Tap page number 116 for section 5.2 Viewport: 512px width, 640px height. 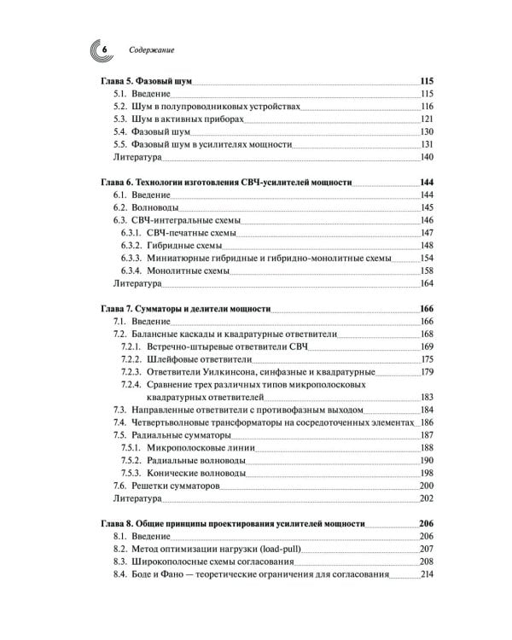(428, 107)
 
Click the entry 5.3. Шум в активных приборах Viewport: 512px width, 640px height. (178, 119)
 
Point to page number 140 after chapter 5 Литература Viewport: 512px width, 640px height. (428, 158)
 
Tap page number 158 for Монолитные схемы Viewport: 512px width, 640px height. (428, 271)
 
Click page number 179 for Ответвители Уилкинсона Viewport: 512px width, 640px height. (428, 372)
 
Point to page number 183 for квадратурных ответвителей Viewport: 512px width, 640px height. (428, 397)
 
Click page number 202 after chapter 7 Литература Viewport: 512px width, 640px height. (428, 498)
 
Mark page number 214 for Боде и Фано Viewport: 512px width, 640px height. (428, 573)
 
